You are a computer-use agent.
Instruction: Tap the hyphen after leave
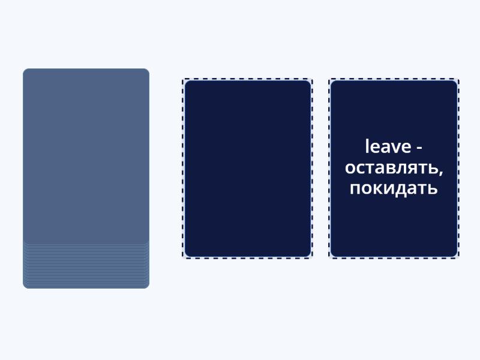419,148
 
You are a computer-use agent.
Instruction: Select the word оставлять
391,168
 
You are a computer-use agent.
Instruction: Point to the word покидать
394,188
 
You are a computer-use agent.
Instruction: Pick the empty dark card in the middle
247,169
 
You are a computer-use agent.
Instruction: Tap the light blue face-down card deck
86,156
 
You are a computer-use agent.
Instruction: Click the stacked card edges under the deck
86,264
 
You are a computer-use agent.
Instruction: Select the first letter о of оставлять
349,169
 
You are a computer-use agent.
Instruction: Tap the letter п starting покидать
355,189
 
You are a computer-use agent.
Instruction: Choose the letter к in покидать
377,189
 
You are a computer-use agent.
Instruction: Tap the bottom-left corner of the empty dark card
187,254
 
